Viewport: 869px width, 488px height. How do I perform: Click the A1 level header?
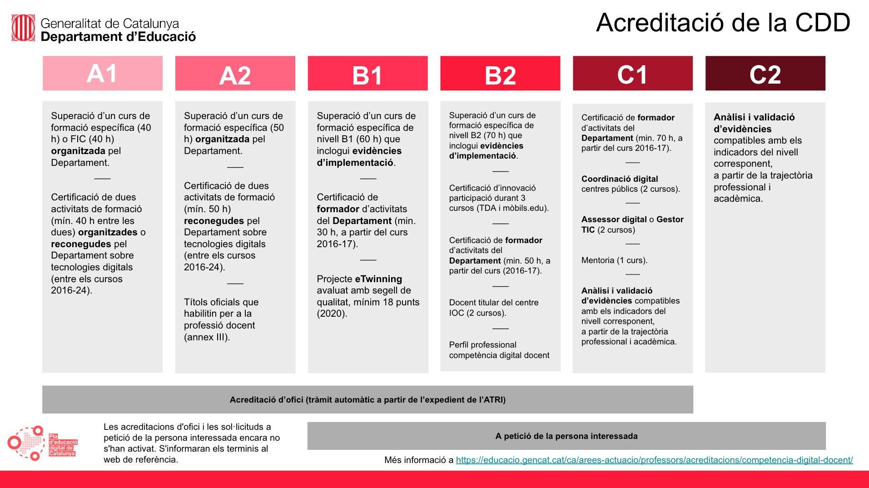pyautogui.click(x=102, y=73)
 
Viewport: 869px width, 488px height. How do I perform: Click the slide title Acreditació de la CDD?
pyautogui.click(x=723, y=23)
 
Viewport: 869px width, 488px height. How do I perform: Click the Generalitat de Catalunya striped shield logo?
pyautogui.click(x=23, y=28)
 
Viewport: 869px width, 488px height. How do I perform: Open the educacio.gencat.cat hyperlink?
pyautogui.click(x=654, y=460)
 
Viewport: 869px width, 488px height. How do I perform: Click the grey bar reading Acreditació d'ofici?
pyautogui.click(x=367, y=399)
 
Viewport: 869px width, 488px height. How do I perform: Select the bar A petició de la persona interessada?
pyautogui.click(x=566, y=436)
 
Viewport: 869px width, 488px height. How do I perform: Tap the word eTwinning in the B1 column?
pyautogui.click(x=378, y=279)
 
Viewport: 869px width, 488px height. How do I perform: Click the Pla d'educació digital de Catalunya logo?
pyautogui.click(x=42, y=443)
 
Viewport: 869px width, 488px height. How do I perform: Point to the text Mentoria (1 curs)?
pyautogui.click(x=614, y=260)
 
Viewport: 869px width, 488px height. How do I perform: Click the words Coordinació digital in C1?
pyautogui.click(x=620, y=179)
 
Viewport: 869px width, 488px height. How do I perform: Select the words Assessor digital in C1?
pyautogui.click(x=614, y=219)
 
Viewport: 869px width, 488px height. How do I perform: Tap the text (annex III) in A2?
pyautogui.click(x=207, y=337)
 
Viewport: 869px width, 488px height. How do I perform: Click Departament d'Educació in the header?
pyautogui.click(x=118, y=37)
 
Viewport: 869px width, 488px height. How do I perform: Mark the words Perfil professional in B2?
pyautogui.click(x=482, y=345)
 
